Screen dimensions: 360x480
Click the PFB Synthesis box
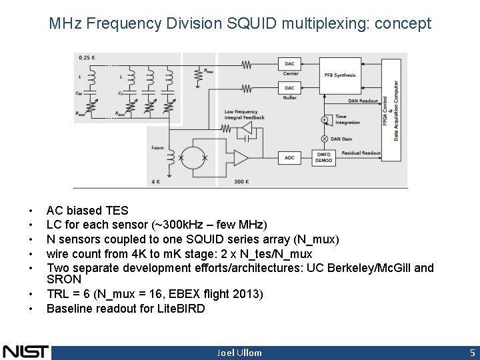tap(339, 75)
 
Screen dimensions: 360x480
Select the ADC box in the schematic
tap(289, 157)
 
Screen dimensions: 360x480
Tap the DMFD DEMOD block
tap(325, 157)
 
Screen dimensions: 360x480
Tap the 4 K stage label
tap(155, 181)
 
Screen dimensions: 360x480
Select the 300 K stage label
tap(242, 181)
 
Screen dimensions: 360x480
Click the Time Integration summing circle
tap(325, 119)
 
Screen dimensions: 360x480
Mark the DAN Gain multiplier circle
tap(325, 138)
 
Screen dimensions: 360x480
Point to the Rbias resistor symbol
tap(198, 76)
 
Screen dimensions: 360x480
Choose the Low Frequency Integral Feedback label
tap(245, 115)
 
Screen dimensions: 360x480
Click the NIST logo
tap(25, 351)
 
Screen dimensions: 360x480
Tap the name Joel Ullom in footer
tap(239, 353)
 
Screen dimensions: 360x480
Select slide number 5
tap(471, 352)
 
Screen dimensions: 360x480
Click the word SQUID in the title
tap(254, 24)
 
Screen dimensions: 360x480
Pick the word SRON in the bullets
tap(63, 279)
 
